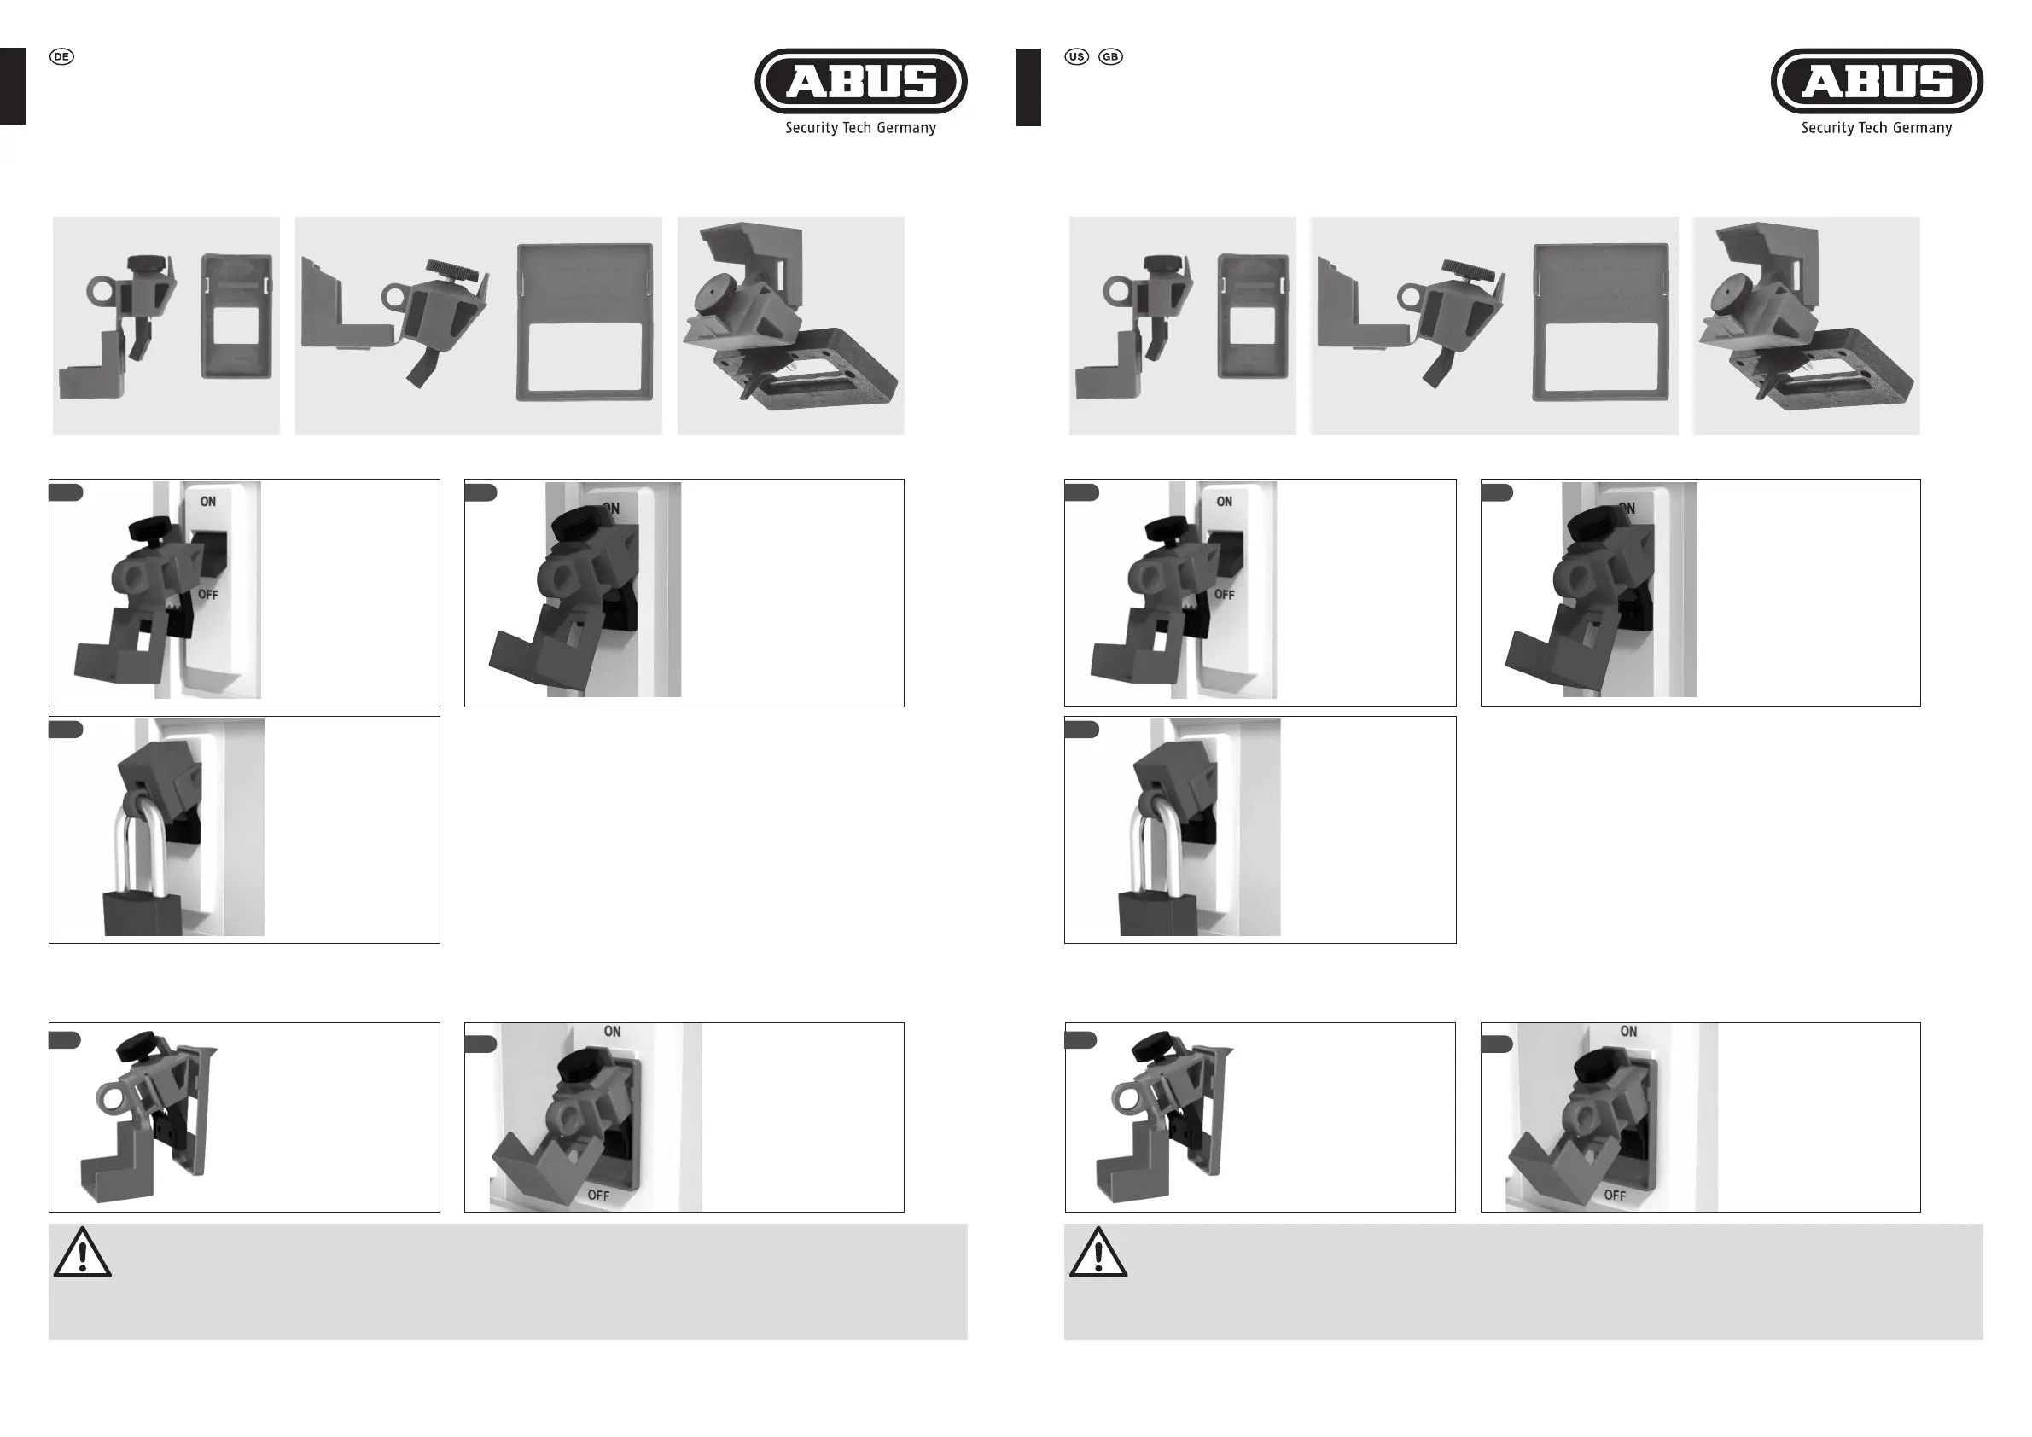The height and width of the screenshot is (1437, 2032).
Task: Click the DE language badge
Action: [61, 56]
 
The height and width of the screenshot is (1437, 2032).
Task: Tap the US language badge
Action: [1076, 56]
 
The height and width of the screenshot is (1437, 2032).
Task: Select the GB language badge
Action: [1109, 56]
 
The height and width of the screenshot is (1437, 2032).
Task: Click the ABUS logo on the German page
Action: [860, 81]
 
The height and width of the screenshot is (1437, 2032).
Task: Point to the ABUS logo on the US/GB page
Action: [1876, 81]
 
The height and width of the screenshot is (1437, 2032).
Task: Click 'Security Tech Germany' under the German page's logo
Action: [860, 128]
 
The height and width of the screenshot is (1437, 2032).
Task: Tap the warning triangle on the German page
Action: [82, 1253]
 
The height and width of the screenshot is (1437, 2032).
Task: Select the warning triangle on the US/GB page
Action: [1098, 1253]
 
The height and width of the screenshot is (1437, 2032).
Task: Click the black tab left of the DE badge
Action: [13, 87]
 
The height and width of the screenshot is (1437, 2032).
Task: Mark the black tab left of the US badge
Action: [1028, 87]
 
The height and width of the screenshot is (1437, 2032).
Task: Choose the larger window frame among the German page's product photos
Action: [584, 323]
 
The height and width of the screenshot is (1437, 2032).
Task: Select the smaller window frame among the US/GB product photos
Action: [1253, 316]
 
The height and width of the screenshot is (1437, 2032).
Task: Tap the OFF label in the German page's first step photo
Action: [208, 595]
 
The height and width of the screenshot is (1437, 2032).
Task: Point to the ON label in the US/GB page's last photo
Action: [1628, 1032]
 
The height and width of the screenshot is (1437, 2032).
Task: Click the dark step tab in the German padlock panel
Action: [66, 729]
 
